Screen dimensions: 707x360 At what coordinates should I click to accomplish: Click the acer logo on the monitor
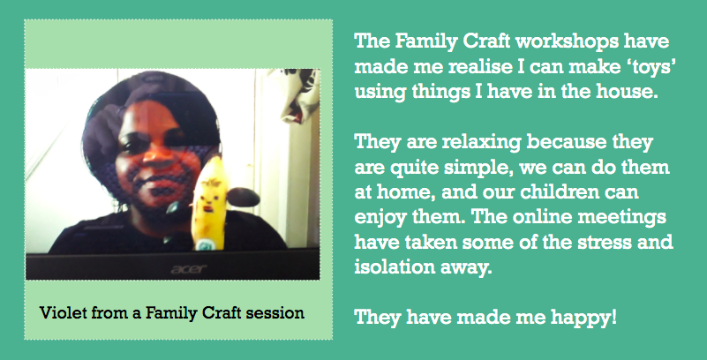point(189,269)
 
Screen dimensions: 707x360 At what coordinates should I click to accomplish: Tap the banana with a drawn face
point(209,203)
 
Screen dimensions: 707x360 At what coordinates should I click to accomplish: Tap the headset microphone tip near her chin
point(172,207)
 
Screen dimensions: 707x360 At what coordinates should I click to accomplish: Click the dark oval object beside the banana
point(243,198)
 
